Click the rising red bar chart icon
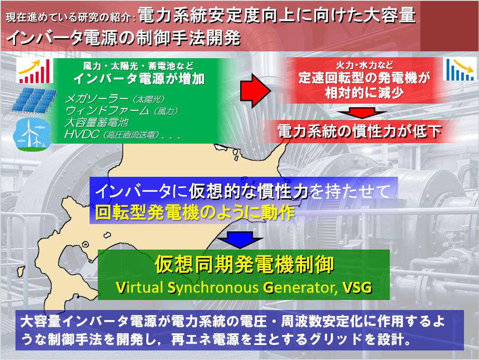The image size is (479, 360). click(35, 71)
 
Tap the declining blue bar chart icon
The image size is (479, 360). click(460, 69)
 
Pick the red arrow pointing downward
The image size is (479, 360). click(362, 113)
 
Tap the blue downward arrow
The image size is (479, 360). click(241, 240)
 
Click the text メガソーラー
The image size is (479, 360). click(96, 99)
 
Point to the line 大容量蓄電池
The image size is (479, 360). click(96, 122)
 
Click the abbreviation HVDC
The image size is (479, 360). click(82, 134)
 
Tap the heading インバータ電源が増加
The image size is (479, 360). click(139, 79)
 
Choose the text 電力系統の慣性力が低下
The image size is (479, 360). click(359, 131)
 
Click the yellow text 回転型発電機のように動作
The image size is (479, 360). click(195, 212)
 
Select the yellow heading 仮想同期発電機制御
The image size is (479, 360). click(244, 265)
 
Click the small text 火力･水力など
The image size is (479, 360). click(364, 65)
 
